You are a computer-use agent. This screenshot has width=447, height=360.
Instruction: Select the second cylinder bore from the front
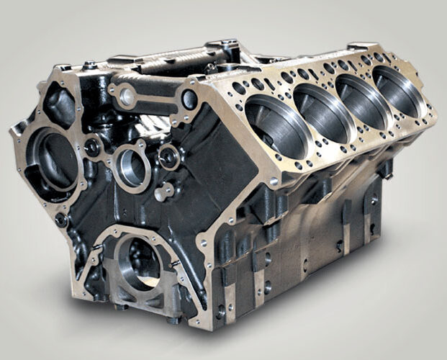coord(322,112)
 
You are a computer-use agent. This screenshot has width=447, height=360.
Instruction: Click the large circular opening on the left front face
coord(54,158)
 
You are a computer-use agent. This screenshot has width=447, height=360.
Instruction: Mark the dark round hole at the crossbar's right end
coord(190,99)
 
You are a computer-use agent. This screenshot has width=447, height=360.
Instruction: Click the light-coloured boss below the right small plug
coord(164,192)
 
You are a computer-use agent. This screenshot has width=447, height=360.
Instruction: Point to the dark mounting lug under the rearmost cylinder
coord(386,168)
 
